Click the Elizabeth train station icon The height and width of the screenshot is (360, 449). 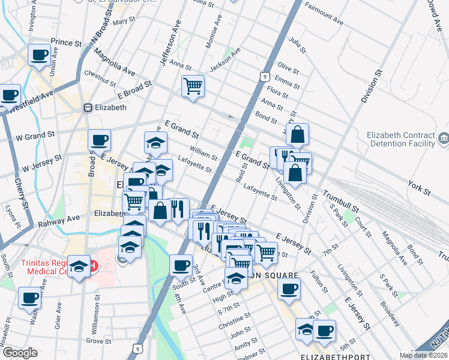pyautogui.click(x=88, y=108)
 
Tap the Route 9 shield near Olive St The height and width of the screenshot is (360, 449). pyautogui.click(x=264, y=76)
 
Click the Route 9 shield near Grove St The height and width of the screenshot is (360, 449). pyautogui.click(x=139, y=347)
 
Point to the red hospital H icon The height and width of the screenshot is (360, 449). pyautogui.click(x=92, y=265)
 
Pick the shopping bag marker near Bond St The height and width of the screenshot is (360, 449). pyautogui.click(x=297, y=135)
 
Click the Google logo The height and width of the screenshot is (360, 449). pyautogui.click(x=20, y=353)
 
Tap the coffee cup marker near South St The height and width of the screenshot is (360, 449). pyautogui.click(x=181, y=265)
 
